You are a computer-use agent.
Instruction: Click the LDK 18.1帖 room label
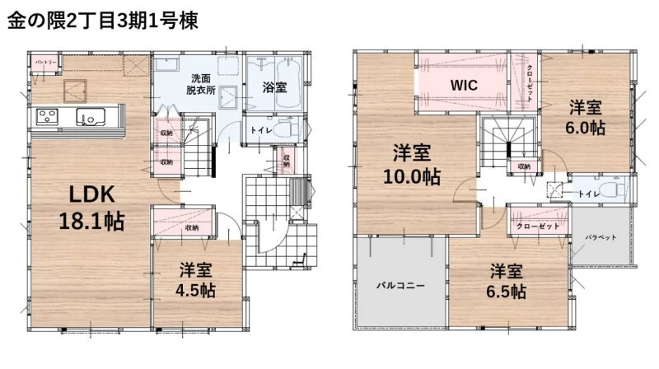click(x=91, y=208)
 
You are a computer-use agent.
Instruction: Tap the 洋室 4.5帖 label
click(x=195, y=280)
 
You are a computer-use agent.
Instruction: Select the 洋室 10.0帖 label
click(x=412, y=165)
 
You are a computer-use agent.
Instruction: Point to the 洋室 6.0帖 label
click(x=585, y=117)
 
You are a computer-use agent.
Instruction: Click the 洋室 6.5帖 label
click(x=506, y=281)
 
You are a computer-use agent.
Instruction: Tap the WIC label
click(x=464, y=86)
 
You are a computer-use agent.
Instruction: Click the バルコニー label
click(x=400, y=286)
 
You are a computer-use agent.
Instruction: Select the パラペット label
click(x=601, y=237)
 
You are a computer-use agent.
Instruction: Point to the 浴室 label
click(x=274, y=87)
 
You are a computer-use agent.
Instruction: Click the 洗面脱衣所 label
click(x=201, y=84)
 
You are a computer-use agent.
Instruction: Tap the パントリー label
click(x=45, y=63)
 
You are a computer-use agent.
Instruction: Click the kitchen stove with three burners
click(x=47, y=116)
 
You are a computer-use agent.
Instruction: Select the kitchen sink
click(x=91, y=116)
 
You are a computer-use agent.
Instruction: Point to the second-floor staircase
click(x=509, y=141)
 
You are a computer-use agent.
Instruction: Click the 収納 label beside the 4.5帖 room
click(x=192, y=228)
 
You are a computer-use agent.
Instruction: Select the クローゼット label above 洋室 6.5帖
click(x=538, y=227)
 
